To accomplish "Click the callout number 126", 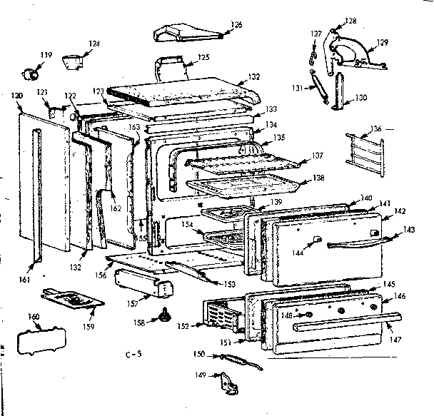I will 236,25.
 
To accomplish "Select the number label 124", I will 94,44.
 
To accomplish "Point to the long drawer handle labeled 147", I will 343,325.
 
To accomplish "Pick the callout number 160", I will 33,317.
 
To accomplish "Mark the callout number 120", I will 17,94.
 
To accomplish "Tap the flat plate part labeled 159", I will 70,298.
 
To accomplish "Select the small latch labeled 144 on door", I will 316,240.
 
